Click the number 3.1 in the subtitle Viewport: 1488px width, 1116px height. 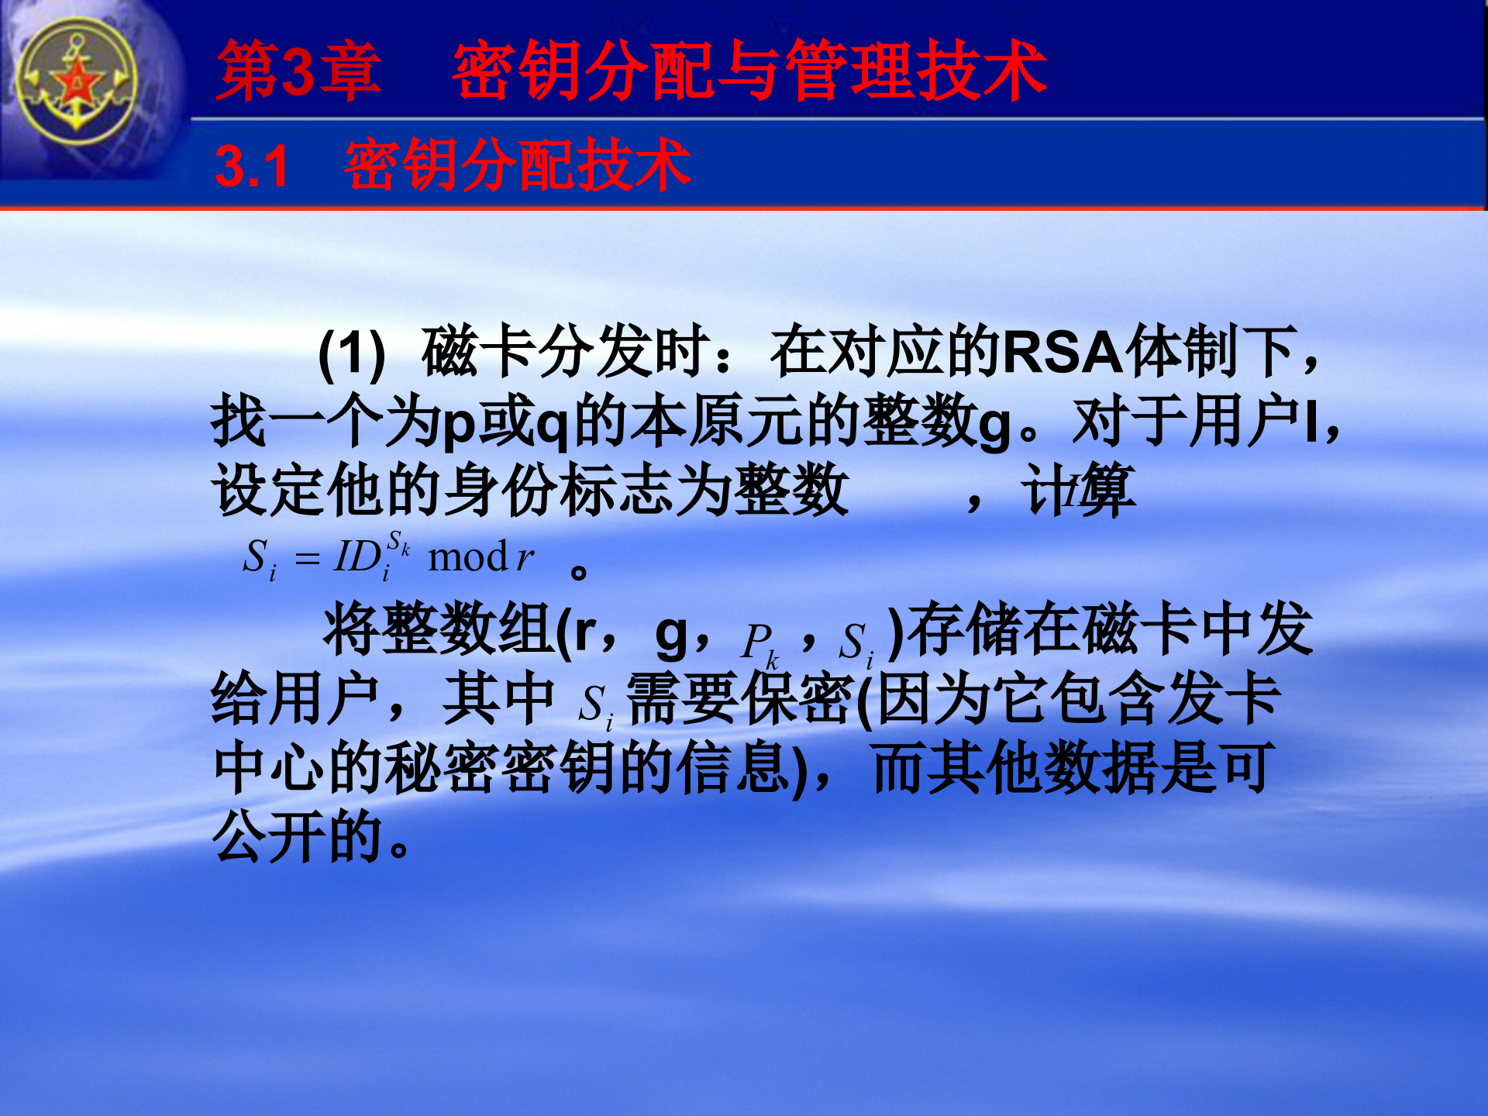click(252, 167)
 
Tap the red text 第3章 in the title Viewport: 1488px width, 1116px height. click(299, 71)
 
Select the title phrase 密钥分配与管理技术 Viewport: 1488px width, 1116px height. click(749, 71)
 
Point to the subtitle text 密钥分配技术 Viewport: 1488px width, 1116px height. click(518, 165)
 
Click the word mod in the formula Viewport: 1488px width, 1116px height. click(467, 557)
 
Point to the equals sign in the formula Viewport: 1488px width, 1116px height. click(308, 558)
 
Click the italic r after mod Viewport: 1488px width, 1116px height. click(525, 557)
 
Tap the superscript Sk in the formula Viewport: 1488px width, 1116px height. click(398, 542)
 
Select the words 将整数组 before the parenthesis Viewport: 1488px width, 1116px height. click(439, 629)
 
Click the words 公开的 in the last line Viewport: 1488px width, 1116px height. click(298, 837)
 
